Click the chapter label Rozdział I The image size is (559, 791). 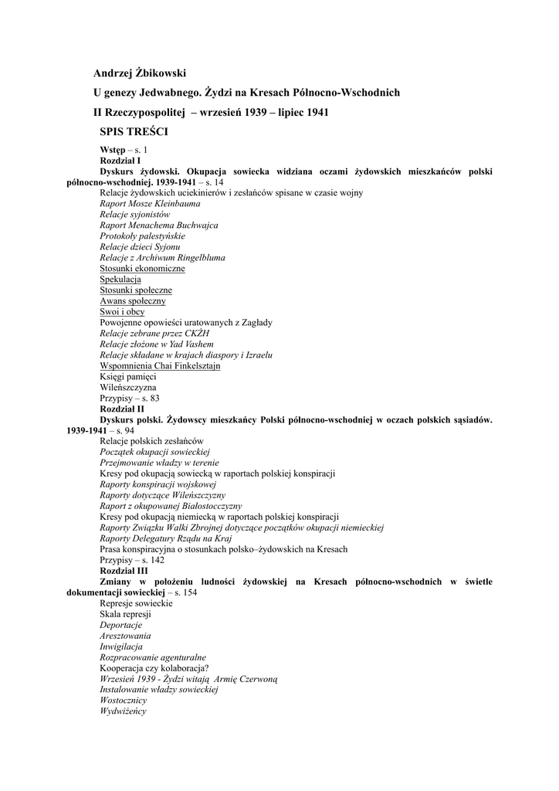click(120, 160)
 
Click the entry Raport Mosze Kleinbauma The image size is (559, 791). click(150, 203)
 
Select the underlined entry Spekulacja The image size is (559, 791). click(120, 279)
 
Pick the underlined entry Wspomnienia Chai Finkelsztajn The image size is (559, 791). click(160, 365)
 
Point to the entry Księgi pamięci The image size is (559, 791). click(127, 376)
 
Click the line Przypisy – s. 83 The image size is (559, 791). click(130, 398)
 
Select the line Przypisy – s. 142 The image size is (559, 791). click(132, 559)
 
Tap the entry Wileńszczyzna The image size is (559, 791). click(127, 387)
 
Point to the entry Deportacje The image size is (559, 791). click(120, 624)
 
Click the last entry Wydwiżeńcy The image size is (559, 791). click(123, 711)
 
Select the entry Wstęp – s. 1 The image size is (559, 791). click(124, 149)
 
